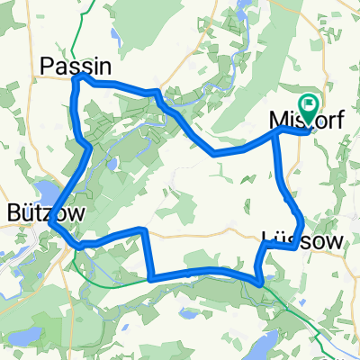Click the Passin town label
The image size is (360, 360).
coord(76,65)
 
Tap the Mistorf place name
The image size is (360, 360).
coord(306,121)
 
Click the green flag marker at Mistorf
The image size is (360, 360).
coord(309,106)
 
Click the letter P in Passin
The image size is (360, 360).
coord(48,65)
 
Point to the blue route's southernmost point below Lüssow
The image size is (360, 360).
coord(260,283)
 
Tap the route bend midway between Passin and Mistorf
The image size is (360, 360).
coord(214,153)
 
